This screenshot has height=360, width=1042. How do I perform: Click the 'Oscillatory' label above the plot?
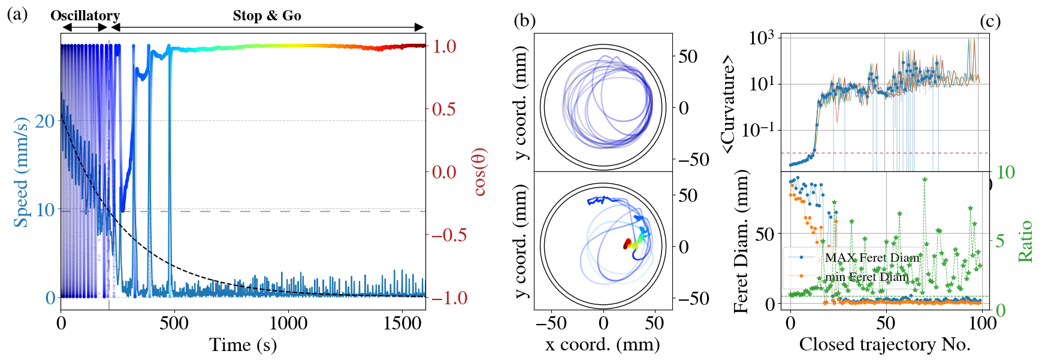(x=85, y=16)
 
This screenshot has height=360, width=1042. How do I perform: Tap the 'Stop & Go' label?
(x=267, y=16)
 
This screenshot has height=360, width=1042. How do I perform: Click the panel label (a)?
(x=17, y=14)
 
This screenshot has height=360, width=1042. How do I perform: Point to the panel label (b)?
(x=524, y=21)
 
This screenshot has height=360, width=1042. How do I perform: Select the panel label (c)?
(x=990, y=21)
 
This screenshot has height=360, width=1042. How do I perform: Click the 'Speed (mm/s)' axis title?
(x=22, y=173)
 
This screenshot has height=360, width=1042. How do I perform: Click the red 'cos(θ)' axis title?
(x=479, y=172)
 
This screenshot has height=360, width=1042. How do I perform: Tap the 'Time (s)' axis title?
(x=243, y=345)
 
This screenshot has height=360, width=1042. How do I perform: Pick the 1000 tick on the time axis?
(x=288, y=323)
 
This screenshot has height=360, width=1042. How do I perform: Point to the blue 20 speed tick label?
(x=45, y=121)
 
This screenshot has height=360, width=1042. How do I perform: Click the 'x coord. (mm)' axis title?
(x=603, y=344)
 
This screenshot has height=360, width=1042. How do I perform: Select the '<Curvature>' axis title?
(x=729, y=103)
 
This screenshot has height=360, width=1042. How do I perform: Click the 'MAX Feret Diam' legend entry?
(x=872, y=258)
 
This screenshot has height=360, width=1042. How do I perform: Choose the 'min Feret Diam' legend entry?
(x=866, y=277)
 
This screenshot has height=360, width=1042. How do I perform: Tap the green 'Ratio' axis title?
(x=1025, y=241)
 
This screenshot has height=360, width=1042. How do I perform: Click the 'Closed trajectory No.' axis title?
(x=884, y=344)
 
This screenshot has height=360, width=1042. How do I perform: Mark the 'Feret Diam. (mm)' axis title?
(x=742, y=241)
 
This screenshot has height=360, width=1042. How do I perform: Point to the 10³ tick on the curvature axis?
(x=761, y=38)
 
